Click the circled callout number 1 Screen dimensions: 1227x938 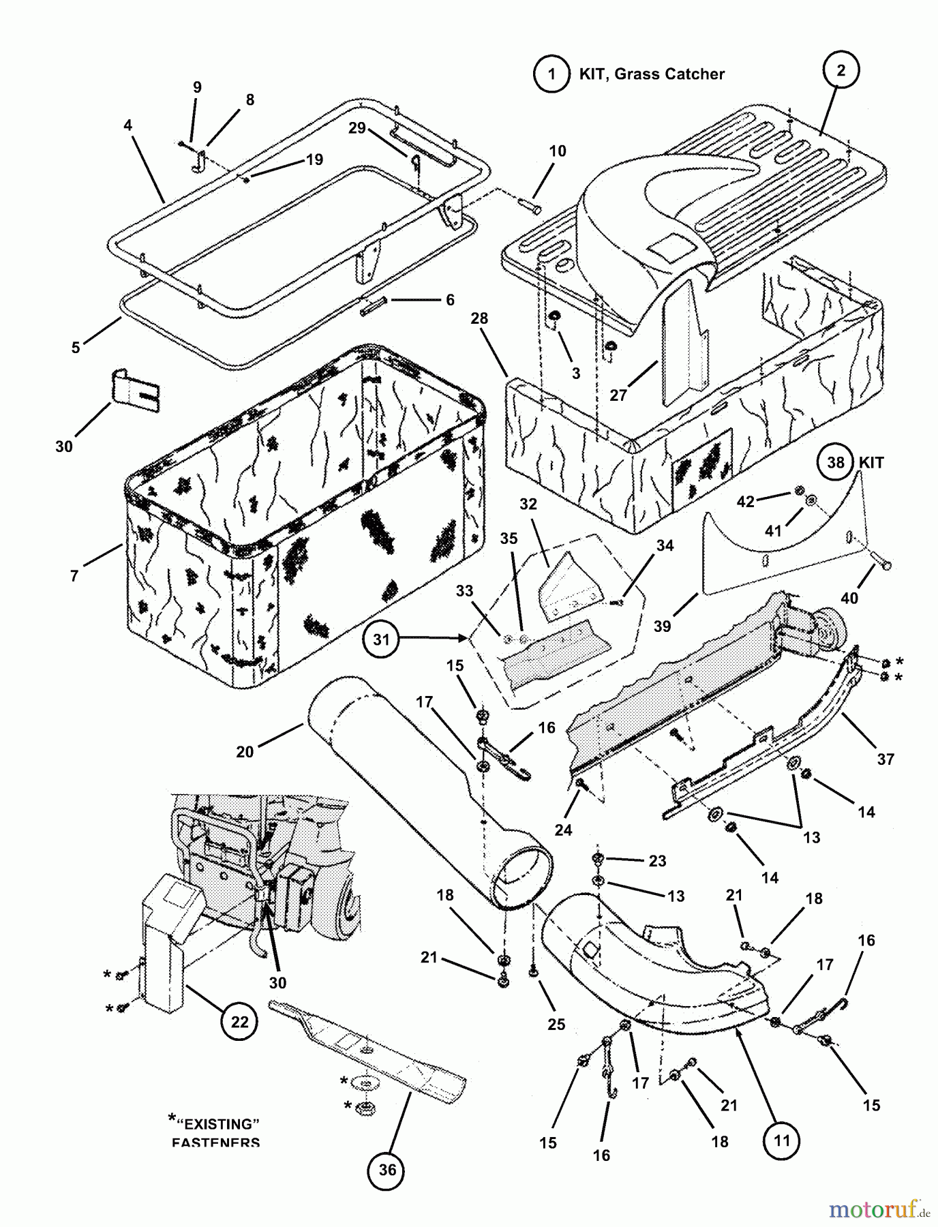tap(551, 74)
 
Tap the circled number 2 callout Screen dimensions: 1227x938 tap(841, 70)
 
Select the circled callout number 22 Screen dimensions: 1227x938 tap(239, 1022)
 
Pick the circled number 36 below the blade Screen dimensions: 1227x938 tap(387, 1170)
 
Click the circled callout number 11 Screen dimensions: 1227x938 tap(782, 1140)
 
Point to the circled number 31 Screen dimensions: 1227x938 tap(381, 639)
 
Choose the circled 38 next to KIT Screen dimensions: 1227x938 tap(836, 463)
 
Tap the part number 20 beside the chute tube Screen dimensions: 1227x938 tap(245, 751)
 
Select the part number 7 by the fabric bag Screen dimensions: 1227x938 tap(74, 576)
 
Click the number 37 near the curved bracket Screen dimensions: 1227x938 tap(885, 759)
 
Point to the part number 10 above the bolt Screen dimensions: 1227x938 tap(557, 151)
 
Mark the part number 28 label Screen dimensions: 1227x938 tap(479, 318)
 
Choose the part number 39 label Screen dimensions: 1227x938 tap(662, 626)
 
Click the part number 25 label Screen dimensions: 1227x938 tap(556, 1024)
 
